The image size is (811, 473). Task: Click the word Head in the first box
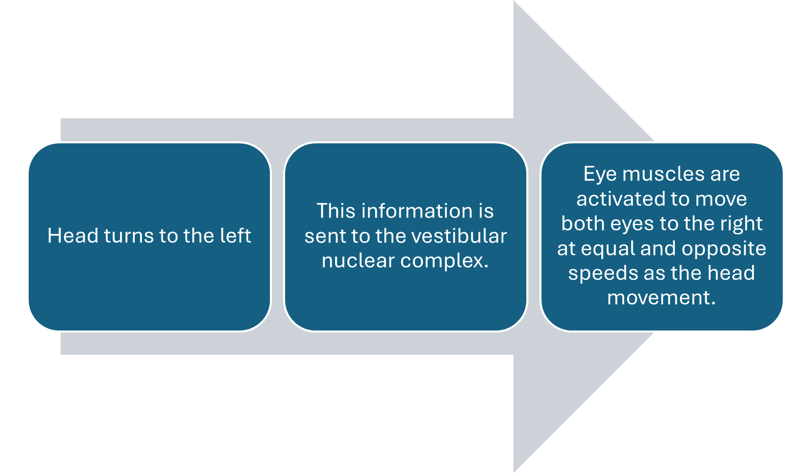[73, 236]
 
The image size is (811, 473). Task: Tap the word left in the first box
[235, 236]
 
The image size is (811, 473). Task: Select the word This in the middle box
[335, 211]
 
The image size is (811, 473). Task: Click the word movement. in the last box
[661, 298]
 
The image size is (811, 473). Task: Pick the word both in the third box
[583, 224]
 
